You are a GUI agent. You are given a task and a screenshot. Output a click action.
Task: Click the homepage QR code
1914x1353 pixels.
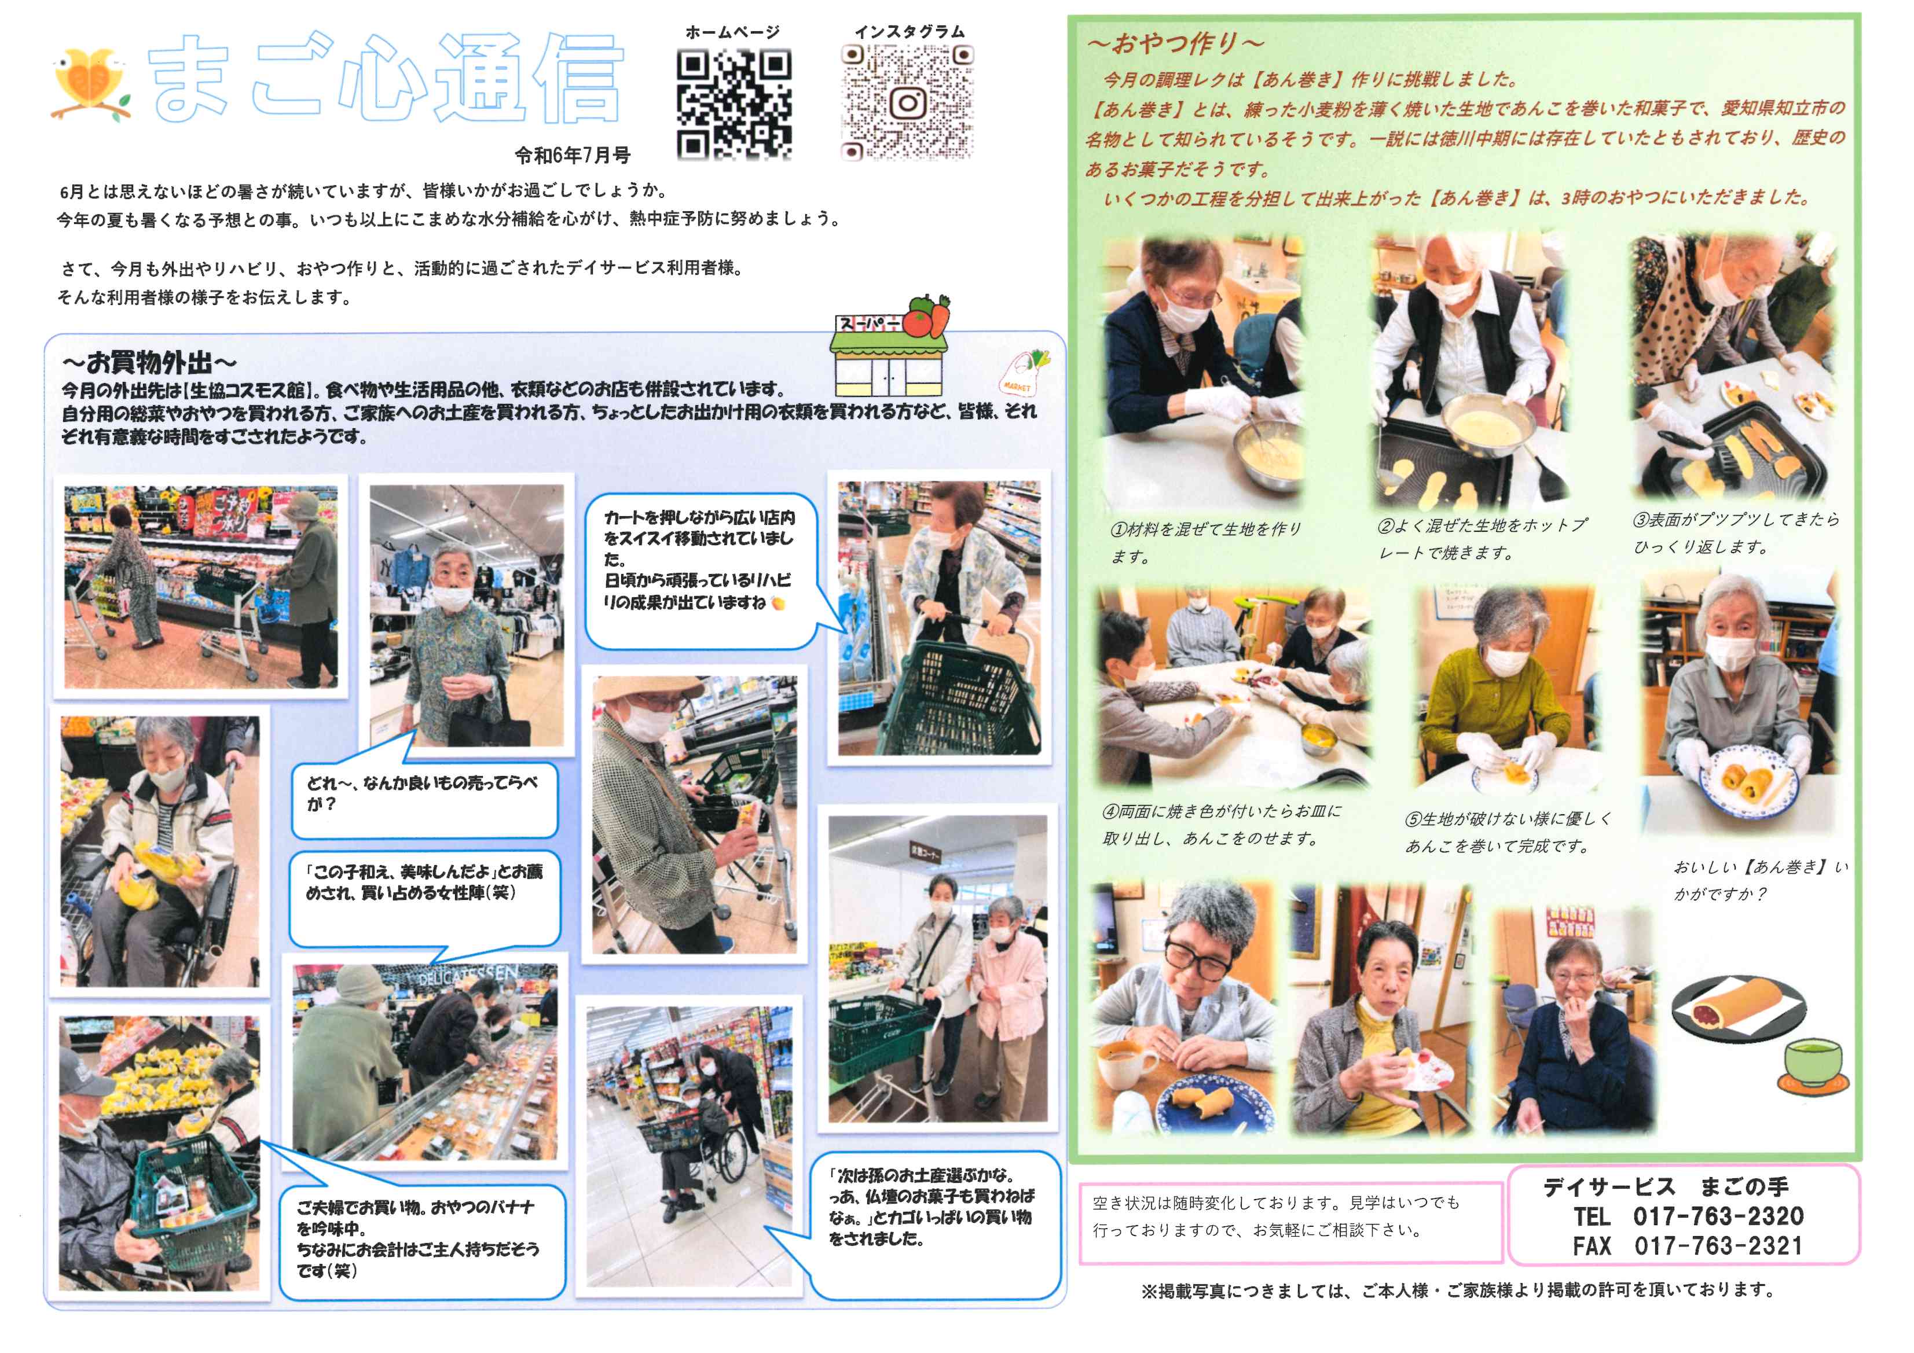734,104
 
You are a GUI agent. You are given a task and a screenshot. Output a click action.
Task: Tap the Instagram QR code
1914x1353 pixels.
907,102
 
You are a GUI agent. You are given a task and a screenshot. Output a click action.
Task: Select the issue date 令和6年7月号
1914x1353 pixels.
572,156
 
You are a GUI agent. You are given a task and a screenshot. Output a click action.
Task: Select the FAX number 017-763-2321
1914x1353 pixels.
1718,1247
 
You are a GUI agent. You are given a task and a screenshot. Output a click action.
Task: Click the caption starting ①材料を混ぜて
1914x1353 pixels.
1207,542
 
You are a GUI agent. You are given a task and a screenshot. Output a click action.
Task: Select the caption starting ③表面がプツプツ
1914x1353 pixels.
1736,533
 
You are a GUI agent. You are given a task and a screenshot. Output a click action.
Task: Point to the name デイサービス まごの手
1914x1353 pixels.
1666,1186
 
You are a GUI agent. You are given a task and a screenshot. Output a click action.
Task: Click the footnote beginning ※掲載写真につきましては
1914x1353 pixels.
1458,1291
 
